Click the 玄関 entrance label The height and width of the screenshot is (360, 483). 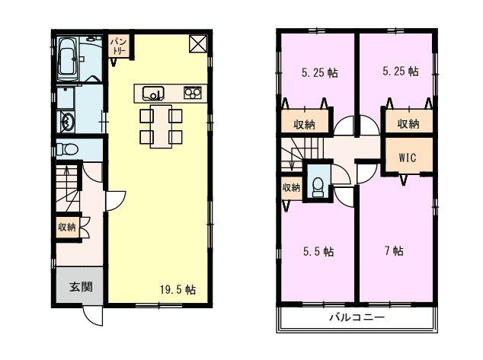pyautogui.click(x=81, y=287)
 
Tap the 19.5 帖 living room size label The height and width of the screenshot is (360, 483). pyautogui.click(x=178, y=289)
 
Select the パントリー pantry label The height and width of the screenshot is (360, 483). pyautogui.click(x=118, y=46)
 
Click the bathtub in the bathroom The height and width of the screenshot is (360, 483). pyautogui.click(x=68, y=58)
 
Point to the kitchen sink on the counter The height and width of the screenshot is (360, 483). pyautogui.click(x=153, y=94)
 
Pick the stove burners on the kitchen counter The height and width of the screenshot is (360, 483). pyautogui.click(x=193, y=93)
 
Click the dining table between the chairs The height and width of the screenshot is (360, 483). pyautogui.click(x=161, y=126)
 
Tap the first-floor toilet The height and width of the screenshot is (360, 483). pyautogui.click(x=67, y=150)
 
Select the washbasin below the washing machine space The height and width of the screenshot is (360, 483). pyautogui.click(x=66, y=122)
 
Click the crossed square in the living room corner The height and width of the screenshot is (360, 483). pyautogui.click(x=198, y=44)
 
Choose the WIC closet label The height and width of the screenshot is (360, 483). pyautogui.click(x=408, y=158)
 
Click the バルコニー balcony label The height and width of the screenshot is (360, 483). pyautogui.click(x=357, y=317)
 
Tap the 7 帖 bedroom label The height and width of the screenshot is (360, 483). pyautogui.click(x=394, y=250)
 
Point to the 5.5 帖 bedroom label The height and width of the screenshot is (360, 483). pyautogui.click(x=318, y=251)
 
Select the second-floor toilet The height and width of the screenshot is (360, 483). pyautogui.click(x=317, y=187)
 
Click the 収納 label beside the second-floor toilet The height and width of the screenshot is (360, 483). pyautogui.click(x=291, y=187)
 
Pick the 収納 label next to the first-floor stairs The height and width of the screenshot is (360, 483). pyautogui.click(x=67, y=228)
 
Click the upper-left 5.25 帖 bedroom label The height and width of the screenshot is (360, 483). pyautogui.click(x=320, y=73)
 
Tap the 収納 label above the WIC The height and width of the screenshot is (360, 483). pyautogui.click(x=408, y=124)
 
